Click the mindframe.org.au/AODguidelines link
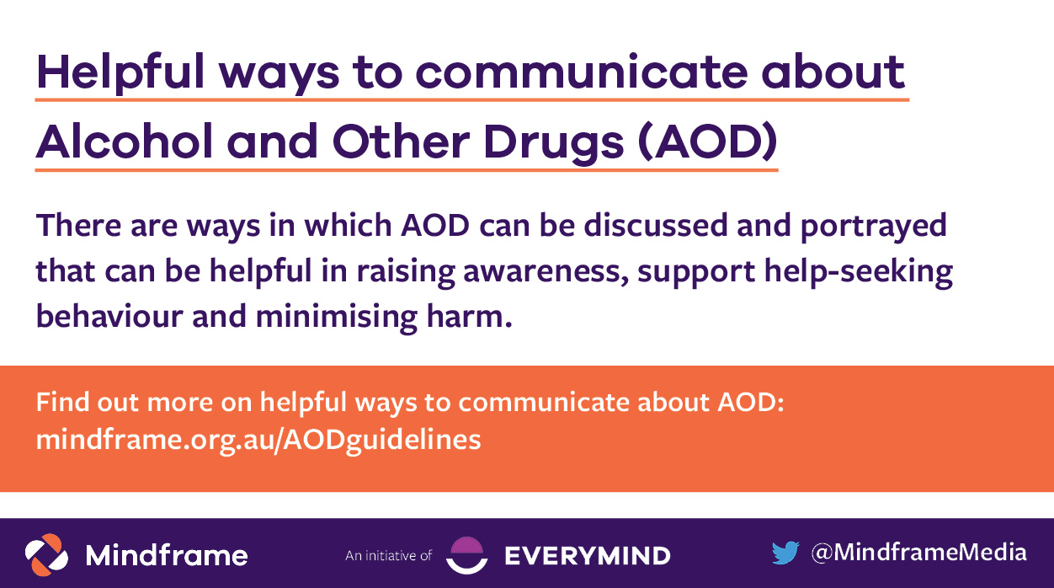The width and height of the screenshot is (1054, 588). tap(258, 440)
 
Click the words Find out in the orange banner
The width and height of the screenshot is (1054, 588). tap(88, 402)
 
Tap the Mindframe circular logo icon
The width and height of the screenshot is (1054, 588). tap(46, 553)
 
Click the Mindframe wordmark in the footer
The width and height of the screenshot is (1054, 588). tap(167, 555)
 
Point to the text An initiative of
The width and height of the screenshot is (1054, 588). tap(388, 555)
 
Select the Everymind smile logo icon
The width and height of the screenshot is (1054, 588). tap(466, 554)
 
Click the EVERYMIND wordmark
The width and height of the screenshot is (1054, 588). tap(587, 555)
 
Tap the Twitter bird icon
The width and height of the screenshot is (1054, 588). tap(785, 553)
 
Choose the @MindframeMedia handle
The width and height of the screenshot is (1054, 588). tap(918, 553)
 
